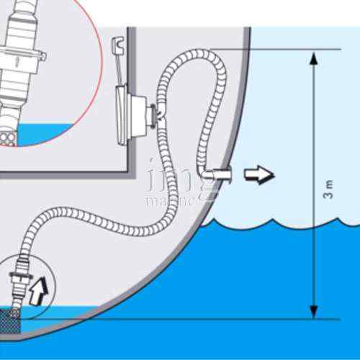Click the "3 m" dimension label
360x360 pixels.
pyautogui.click(x=328, y=190)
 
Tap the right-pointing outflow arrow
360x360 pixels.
pyautogui.click(x=260, y=174)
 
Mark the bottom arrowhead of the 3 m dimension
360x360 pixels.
pyautogui.click(x=313, y=311)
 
